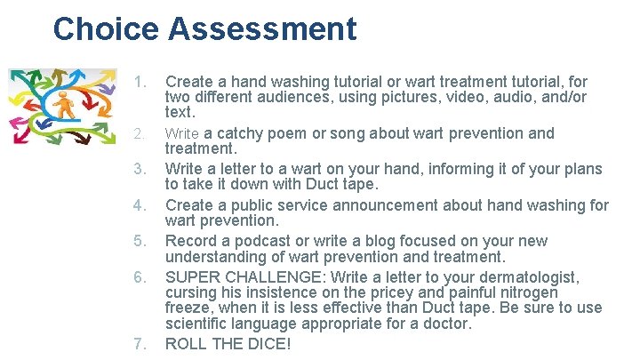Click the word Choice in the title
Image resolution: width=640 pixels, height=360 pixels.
[105, 29]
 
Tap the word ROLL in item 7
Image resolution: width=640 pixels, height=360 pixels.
[187, 343]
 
